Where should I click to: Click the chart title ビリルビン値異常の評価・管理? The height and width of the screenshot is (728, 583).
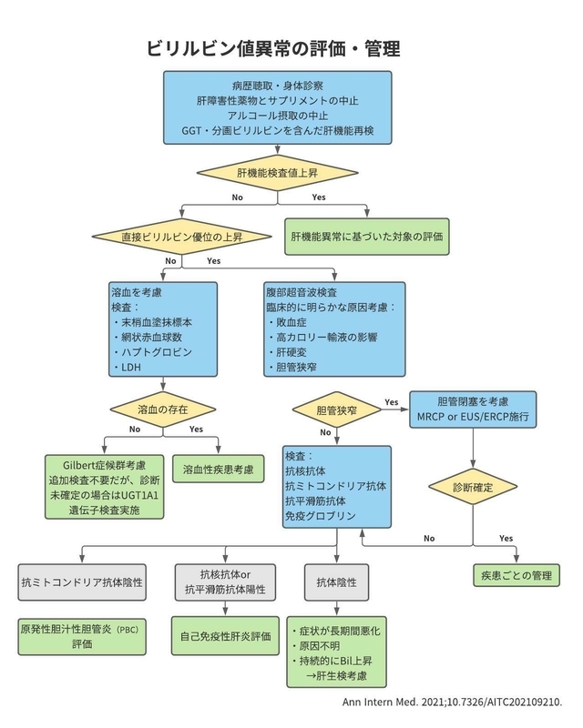[273, 49]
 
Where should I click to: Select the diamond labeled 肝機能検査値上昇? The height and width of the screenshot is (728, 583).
[278, 173]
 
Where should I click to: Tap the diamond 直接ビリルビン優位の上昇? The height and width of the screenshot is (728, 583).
[182, 237]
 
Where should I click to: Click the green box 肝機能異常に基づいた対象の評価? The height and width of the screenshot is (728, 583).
[367, 237]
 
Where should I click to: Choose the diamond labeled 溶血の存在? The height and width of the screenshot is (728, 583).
[163, 409]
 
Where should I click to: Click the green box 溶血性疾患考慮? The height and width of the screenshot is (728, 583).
[218, 470]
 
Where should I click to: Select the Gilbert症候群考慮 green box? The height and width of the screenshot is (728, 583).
[104, 487]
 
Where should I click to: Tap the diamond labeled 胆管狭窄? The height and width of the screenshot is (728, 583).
[337, 410]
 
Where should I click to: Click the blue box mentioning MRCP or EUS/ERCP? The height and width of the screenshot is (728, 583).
[473, 409]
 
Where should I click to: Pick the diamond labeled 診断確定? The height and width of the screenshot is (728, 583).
[473, 488]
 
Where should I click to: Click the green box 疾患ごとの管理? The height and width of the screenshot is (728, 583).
[517, 576]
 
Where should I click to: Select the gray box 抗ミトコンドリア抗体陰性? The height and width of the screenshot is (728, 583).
[82, 582]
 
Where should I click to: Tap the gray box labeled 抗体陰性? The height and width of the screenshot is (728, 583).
[337, 582]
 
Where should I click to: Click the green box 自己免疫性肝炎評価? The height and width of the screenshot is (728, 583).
[226, 636]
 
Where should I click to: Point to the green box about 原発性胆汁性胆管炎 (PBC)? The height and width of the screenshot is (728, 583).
[82, 636]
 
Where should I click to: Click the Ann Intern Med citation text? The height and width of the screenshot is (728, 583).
[452, 702]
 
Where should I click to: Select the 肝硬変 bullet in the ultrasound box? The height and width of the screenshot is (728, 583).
[288, 352]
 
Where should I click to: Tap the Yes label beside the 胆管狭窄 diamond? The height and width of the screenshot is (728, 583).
[392, 402]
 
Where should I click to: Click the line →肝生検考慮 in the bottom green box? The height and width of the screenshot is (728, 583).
[337, 675]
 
